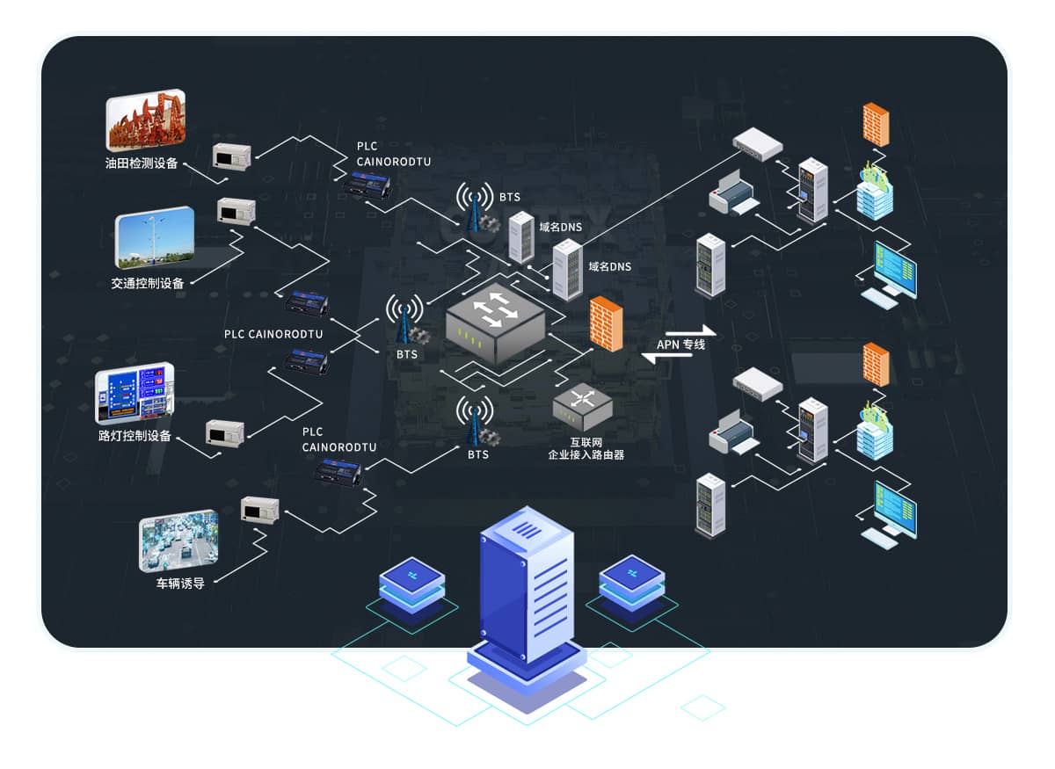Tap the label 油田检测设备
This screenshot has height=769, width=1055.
pos(142,163)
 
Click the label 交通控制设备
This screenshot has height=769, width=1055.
pos(148,283)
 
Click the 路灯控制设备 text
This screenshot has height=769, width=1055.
pos(135,437)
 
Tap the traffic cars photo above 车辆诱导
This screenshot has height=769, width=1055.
pos(178,540)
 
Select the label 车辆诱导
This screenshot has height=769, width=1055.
pos(180,584)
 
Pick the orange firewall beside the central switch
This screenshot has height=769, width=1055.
pos(606,324)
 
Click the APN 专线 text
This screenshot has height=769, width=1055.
pos(681,345)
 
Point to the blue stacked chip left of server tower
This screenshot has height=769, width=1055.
pos(411,585)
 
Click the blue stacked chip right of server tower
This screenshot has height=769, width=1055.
pos(632,584)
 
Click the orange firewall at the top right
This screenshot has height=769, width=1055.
pos(876,124)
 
